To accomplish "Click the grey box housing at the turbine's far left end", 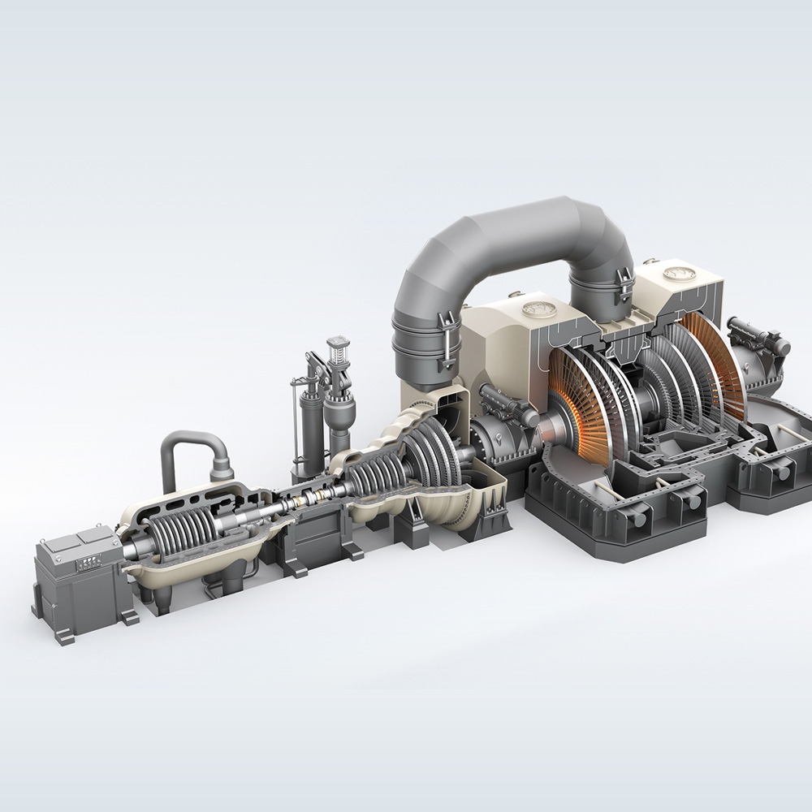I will pyautogui.click(x=77, y=581).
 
